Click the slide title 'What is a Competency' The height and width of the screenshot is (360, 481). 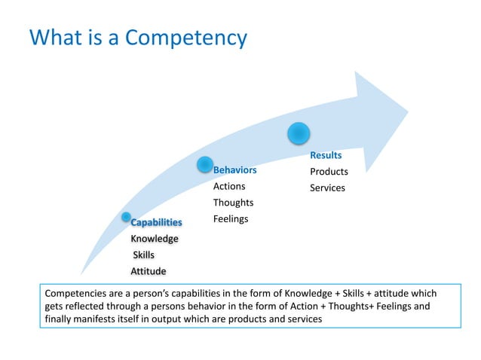tap(138, 37)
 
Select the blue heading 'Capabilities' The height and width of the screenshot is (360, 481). tap(157, 222)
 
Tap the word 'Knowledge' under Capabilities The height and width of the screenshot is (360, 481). tap(155, 239)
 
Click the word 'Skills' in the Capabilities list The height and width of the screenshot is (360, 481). tap(144, 255)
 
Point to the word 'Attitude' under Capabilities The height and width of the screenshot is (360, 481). tap(149, 271)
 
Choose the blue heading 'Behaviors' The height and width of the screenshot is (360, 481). tap(234, 169)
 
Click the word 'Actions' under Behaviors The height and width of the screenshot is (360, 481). tap(229, 186)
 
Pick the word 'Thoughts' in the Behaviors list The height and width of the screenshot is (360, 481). tap(233, 203)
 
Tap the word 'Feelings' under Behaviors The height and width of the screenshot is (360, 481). tap(231, 218)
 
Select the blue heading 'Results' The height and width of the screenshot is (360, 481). tap(326, 155)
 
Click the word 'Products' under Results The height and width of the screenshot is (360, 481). tap(329, 172)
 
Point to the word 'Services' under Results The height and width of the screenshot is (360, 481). tap(327, 188)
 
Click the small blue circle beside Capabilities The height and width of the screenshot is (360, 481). tap(126, 217)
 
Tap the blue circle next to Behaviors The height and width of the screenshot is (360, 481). tap(204, 165)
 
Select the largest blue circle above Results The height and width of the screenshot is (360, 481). tap(299, 133)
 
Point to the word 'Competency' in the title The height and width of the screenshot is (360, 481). tap(185, 37)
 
